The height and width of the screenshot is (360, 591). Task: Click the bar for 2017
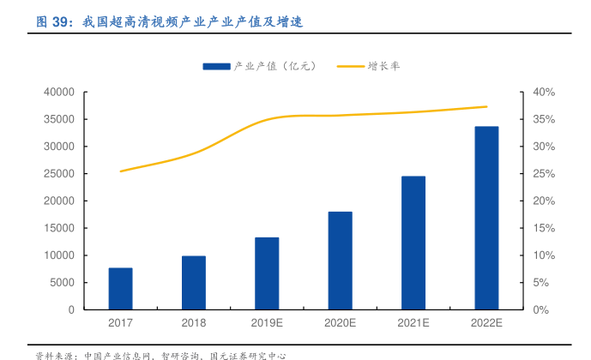(120, 289)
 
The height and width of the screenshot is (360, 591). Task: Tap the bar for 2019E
(267, 273)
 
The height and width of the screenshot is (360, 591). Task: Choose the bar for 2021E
(413, 243)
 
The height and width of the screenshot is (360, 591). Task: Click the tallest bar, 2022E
(486, 218)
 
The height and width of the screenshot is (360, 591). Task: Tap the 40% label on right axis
(545, 92)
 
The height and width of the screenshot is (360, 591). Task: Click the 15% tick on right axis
(545, 228)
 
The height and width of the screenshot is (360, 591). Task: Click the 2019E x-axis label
(267, 323)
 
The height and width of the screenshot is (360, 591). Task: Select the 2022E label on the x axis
(486, 323)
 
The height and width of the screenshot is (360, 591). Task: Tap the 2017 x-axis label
(120, 323)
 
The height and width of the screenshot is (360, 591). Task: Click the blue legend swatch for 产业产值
(217, 65)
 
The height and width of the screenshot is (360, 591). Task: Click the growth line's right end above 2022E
(486, 107)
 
